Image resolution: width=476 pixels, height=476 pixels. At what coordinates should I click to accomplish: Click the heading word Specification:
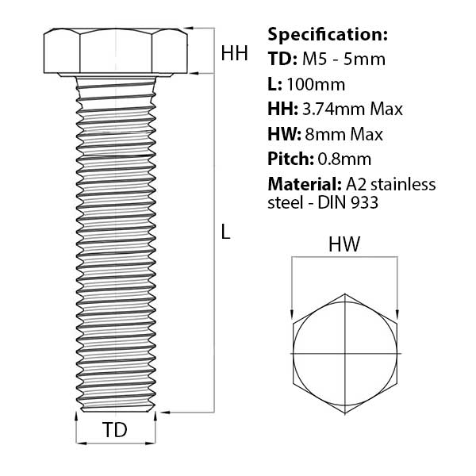point(328,35)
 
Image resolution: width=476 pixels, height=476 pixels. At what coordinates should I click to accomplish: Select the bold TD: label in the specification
point(282,59)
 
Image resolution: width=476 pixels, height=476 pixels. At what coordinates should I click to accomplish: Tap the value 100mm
point(316,84)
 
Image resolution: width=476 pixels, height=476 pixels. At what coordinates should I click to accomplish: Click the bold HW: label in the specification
point(285,134)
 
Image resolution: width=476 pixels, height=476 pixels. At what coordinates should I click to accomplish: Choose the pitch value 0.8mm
point(344,159)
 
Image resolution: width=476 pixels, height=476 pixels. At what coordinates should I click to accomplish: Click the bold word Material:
point(305,184)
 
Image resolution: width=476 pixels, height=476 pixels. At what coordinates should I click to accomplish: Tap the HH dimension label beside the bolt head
point(234,53)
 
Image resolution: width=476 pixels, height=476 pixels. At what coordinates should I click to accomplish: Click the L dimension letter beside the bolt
point(225,232)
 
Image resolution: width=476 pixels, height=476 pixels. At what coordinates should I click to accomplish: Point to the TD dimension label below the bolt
point(115,429)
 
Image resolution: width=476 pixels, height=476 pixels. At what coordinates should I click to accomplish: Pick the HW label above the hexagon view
point(344,244)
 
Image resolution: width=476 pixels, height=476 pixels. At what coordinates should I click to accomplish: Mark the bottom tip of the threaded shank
point(116,412)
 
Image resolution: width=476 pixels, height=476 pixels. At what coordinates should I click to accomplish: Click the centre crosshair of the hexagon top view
point(345,353)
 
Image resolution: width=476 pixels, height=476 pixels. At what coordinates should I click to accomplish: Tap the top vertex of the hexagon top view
point(345,294)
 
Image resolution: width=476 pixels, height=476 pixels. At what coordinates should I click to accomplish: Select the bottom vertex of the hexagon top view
point(345,413)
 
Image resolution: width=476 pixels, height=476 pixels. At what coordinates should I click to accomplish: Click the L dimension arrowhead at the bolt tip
point(165,413)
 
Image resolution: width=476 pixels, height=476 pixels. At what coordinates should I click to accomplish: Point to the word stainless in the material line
point(403,184)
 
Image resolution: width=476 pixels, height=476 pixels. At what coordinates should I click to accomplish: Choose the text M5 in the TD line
point(314,59)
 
